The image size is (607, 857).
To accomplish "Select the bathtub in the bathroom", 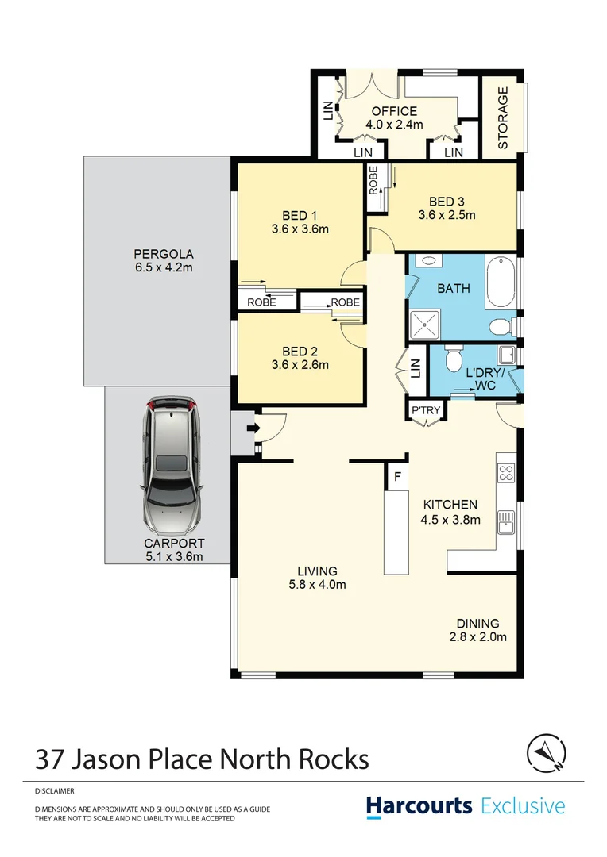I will pyautogui.click(x=500, y=282).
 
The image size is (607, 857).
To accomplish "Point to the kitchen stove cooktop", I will pyautogui.click(x=506, y=474).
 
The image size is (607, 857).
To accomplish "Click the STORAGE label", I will pyautogui.click(x=502, y=118).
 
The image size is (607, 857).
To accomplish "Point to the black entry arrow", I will pyautogui.click(x=253, y=429).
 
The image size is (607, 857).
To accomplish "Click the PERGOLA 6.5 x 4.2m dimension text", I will pyautogui.click(x=163, y=268).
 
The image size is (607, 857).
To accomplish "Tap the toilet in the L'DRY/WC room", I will pyautogui.click(x=454, y=361).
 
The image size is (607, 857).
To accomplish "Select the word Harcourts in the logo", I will pyautogui.click(x=419, y=807).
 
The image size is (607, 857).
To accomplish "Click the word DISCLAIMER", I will pyautogui.click(x=55, y=791).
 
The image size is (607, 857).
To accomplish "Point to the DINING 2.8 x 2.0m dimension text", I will pyautogui.click(x=477, y=636).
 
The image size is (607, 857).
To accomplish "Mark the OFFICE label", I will pyautogui.click(x=394, y=112).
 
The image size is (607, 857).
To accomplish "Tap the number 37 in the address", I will pyautogui.click(x=51, y=759).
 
